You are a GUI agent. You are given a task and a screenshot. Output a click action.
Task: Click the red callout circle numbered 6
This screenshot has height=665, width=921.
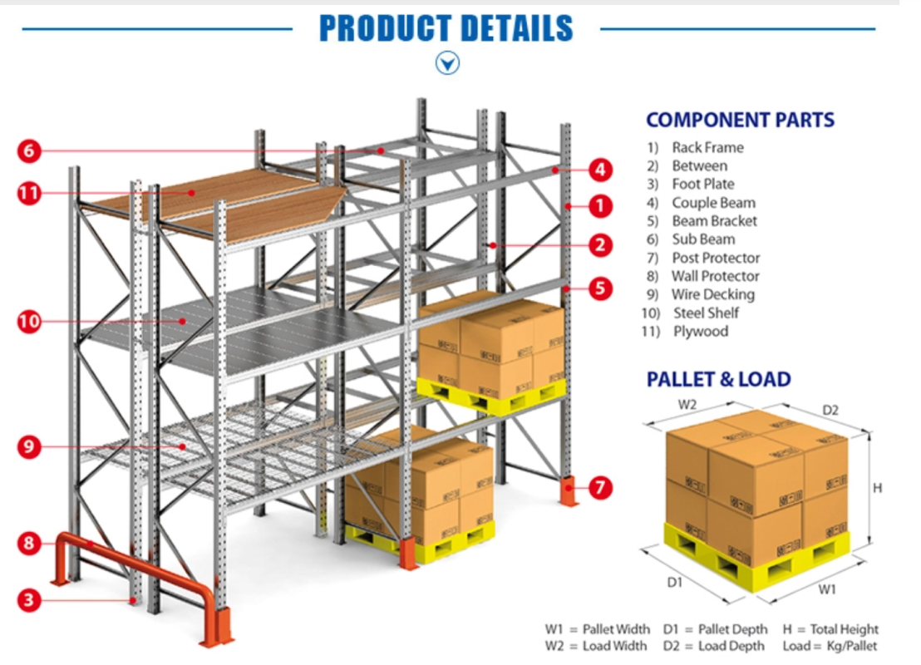pyautogui.click(x=29, y=151)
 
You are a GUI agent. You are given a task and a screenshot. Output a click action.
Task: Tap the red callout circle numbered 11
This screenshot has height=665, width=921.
pyautogui.click(x=29, y=194)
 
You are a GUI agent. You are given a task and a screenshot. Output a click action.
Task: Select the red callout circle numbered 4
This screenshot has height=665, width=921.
pyautogui.click(x=600, y=170)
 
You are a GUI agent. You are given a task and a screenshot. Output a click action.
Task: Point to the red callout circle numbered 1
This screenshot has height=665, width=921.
pyautogui.click(x=600, y=205)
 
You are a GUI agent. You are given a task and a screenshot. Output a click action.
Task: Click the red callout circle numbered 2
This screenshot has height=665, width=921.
pyautogui.click(x=600, y=245)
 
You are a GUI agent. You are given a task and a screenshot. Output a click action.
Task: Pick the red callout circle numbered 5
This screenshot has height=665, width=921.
pyautogui.click(x=600, y=288)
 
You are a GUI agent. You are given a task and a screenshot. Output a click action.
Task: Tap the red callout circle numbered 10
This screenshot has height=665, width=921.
pyautogui.click(x=29, y=322)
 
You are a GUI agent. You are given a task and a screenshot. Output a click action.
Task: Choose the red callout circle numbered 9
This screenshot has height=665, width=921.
pyautogui.click(x=29, y=447)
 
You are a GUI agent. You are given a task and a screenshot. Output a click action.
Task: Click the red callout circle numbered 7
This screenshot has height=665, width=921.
pyautogui.click(x=600, y=488)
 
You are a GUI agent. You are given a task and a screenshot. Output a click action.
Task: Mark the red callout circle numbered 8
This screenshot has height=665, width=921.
pyautogui.click(x=29, y=544)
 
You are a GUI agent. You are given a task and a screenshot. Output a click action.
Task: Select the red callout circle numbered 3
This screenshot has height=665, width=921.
pyautogui.click(x=29, y=600)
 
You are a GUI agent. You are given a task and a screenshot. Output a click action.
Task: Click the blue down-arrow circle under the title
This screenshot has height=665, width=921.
pyautogui.click(x=448, y=62)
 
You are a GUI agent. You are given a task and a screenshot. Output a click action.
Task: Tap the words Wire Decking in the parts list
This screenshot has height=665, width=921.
pyautogui.click(x=713, y=294)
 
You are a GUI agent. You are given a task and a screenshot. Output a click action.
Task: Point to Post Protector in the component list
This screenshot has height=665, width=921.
pyautogui.click(x=716, y=258)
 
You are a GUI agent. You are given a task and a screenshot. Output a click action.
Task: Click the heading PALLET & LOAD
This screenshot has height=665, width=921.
pyautogui.click(x=718, y=380)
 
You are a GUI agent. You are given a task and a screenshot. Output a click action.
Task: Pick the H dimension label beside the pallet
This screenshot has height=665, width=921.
pyautogui.click(x=877, y=489)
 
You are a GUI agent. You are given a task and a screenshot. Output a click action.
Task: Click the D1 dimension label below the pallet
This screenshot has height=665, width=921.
pyautogui.click(x=675, y=583)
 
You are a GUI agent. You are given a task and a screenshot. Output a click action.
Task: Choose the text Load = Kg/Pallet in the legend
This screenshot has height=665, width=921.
pyautogui.click(x=830, y=646)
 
